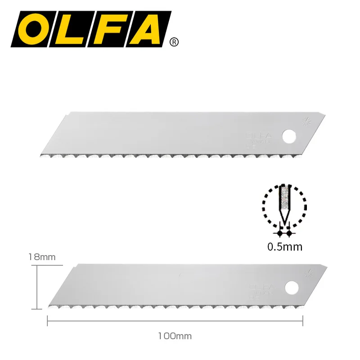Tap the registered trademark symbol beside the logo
pos(174,42)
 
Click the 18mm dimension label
pos(41,257)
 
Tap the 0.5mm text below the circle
pos(284,247)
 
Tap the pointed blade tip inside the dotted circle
pos(284,220)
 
